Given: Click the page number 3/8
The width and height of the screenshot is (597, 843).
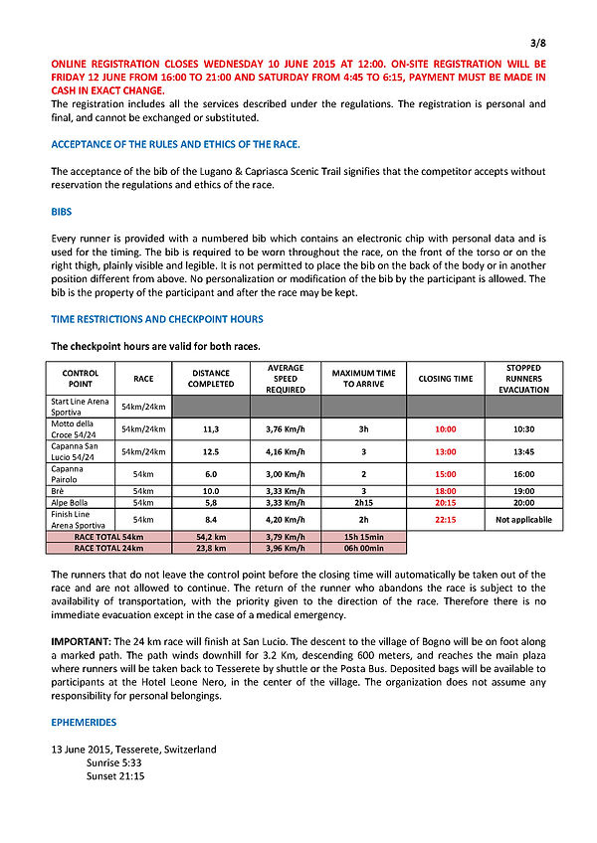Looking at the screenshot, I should (537, 43).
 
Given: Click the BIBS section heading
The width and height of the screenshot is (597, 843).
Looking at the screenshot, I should (61, 212).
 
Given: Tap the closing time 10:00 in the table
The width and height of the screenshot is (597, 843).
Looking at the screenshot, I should (445, 428).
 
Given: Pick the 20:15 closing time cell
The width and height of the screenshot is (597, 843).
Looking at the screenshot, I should (445, 503).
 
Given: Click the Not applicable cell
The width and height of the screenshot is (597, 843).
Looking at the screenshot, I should (523, 519).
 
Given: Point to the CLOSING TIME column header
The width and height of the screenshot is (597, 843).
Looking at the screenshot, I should (445, 379).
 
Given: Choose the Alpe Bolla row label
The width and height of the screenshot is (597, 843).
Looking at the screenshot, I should (70, 503).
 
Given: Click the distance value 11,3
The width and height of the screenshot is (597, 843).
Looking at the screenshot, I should (211, 428).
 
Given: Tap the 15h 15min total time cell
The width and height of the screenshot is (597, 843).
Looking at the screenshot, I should (363, 537).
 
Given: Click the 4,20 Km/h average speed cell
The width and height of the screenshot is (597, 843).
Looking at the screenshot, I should (286, 519).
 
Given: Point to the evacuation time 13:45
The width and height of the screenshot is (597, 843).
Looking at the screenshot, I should (523, 451).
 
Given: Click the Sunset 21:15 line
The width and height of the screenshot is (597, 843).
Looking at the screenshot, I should (115, 775).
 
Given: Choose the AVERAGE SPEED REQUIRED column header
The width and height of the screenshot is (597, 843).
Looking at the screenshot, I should (286, 379).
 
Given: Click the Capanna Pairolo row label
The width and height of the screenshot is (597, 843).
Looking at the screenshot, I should (69, 474).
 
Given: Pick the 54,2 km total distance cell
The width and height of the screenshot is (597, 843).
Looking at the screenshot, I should (211, 537).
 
